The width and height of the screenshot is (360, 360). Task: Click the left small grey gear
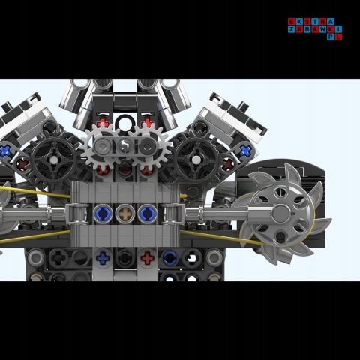pyautogui.click(x=103, y=147)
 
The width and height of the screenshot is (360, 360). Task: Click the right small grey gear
pyautogui.click(x=147, y=148)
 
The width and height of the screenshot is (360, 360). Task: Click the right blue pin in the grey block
pyautogui.click(x=147, y=214)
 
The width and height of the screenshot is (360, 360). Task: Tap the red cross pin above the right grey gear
pyautogui.click(x=148, y=120)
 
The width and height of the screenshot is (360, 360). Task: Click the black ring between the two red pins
pyautogui.click(x=126, y=121)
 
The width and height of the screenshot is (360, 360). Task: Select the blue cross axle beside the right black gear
pyautogui.click(x=244, y=151)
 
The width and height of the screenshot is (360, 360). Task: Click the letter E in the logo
pyautogui.click(x=292, y=22)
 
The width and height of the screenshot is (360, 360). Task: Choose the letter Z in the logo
pyautogui.click(x=292, y=29)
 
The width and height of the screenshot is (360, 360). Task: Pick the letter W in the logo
pyautogui.click(x=323, y=29)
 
